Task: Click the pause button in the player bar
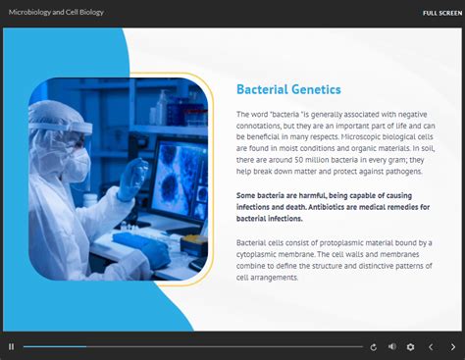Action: [x=11, y=346]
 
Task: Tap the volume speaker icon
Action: [x=392, y=346]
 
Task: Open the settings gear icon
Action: [x=410, y=346]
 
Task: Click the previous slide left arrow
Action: [x=430, y=346]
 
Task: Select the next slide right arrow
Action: [x=452, y=346]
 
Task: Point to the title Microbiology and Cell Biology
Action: [x=56, y=13]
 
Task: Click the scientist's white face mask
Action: [x=78, y=162]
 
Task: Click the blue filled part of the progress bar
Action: [x=54, y=346]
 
